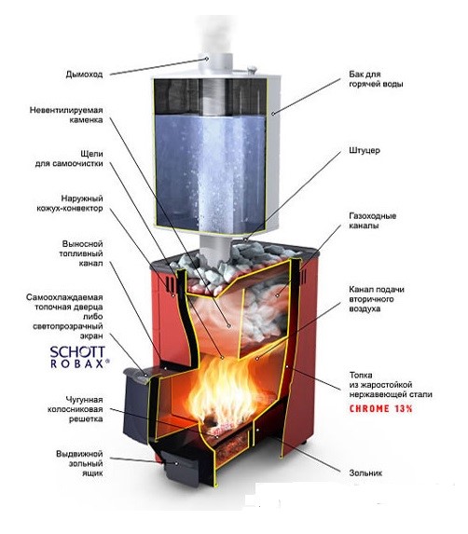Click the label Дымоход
[84, 75]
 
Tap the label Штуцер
[365, 150]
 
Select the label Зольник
[365, 472]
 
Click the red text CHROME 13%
[380, 408]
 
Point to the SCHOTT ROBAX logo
[79, 357]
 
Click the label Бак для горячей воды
[376, 79]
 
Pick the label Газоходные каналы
[373, 220]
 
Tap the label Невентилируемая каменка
[66, 116]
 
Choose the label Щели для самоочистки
[69, 158]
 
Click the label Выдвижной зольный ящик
[79, 463]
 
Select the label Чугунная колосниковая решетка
[76, 409]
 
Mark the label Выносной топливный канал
[81, 253]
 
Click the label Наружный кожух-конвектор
[70, 203]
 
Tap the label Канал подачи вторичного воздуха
[377, 299]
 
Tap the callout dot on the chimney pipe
[207, 59]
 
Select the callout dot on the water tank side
[272, 114]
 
